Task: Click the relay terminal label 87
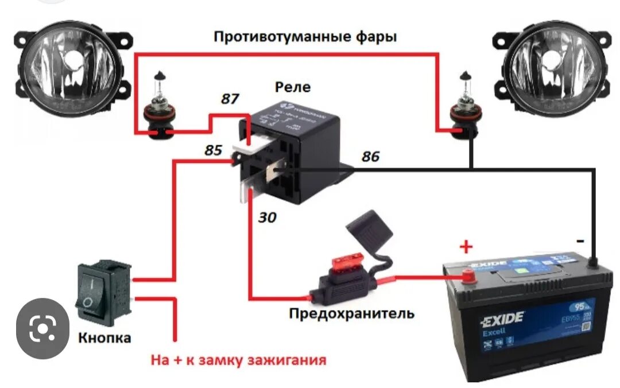pos(230,99)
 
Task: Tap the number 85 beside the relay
pos(213,151)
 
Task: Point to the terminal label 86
pos(370,156)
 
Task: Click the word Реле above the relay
pos(293,87)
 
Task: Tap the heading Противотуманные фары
pos(305,37)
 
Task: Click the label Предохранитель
pos(351,313)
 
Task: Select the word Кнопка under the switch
pos(104,337)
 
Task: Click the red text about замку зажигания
pos(238,360)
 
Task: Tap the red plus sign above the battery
pos(466,247)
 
